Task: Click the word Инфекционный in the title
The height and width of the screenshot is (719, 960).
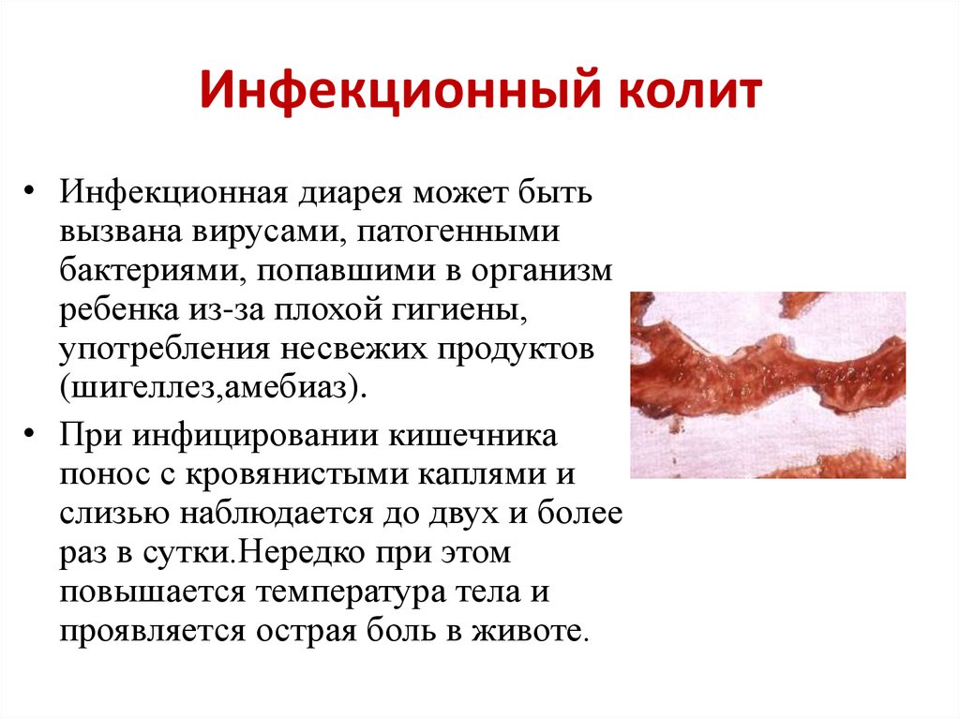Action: [x=399, y=92]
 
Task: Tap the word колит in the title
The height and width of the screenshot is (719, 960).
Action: [x=690, y=91]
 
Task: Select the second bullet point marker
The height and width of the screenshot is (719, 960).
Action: [x=29, y=433]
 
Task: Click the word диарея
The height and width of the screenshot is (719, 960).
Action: [x=351, y=193]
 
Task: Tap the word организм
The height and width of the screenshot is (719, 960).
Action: [x=541, y=271]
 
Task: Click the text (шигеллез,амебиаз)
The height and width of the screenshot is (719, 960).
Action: [x=213, y=387]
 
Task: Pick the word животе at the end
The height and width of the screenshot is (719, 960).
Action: [x=529, y=631]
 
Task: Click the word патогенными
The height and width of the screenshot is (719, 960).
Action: [x=457, y=232]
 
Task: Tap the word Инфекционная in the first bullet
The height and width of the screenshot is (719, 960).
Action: [x=173, y=193]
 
